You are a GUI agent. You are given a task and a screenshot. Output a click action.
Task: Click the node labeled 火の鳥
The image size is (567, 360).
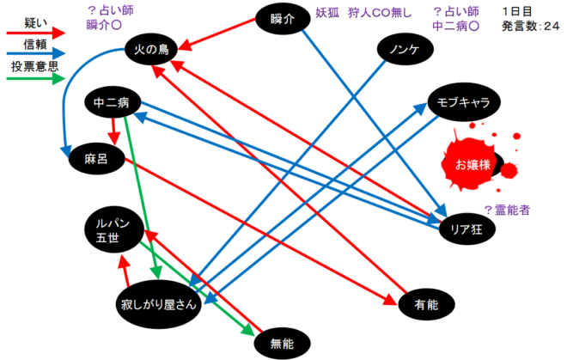149,51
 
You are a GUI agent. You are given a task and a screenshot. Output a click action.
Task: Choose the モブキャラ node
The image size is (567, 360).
463,103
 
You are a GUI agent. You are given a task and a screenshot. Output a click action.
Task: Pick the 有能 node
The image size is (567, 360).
426,303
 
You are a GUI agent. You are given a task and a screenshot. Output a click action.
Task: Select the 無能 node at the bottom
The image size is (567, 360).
282,345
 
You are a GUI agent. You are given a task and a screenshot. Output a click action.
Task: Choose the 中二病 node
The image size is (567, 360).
112,103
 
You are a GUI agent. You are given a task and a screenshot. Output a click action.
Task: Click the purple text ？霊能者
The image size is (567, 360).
511,209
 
